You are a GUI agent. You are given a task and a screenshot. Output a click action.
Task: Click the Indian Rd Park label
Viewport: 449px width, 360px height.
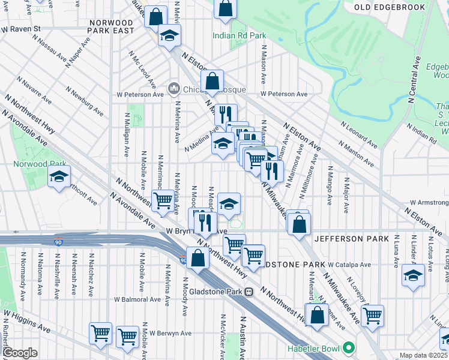[239, 35]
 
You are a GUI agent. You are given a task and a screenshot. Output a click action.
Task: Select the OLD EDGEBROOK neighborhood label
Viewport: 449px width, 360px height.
[398, 7]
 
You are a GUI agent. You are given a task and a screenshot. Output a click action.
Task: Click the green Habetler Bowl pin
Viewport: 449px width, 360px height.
[348, 348]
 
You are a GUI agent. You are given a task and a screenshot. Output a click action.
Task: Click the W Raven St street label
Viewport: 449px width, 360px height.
[20, 28]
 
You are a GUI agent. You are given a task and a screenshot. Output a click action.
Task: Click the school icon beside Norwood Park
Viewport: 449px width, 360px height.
[59, 177]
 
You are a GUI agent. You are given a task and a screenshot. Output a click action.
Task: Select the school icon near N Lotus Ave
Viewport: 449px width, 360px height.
[413, 276]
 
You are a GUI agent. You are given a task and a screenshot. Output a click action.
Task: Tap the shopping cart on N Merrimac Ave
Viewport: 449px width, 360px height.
[163, 200]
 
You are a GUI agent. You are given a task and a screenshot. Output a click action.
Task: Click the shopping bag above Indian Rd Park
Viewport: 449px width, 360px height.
[225, 8]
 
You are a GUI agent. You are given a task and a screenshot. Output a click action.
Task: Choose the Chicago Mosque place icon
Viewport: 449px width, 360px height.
[174, 89]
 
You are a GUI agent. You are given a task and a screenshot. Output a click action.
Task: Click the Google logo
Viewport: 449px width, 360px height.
[20, 353]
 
